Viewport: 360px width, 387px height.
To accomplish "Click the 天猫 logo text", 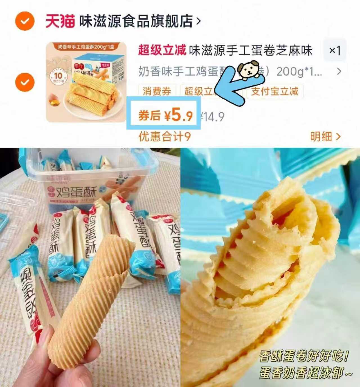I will (60, 21).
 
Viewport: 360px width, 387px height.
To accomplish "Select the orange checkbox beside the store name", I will (25, 21).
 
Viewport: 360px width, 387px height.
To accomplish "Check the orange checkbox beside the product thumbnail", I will (25, 82).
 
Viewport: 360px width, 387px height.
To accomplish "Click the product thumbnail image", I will (86, 82).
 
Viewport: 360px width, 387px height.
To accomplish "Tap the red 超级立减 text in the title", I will (162, 50).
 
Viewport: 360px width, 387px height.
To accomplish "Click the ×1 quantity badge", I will (335, 51).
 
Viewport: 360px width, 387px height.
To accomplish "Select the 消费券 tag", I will (157, 91).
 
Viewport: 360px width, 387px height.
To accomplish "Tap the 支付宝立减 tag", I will (274, 91).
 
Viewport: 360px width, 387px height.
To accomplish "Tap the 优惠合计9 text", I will (165, 137).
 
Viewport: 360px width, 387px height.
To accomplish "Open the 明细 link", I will (325, 137).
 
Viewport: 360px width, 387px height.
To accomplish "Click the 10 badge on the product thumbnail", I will (58, 76).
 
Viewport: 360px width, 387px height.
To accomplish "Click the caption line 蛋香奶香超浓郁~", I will (305, 373).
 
